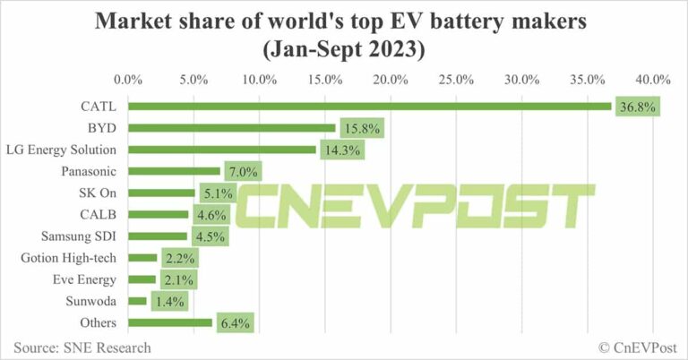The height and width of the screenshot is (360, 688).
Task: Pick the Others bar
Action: pos(170,322)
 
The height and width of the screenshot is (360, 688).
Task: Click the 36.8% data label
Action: pos(637,107)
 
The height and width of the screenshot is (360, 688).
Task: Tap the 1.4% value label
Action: pos(168,301)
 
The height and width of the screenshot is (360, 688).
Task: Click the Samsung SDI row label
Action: pos(83,236)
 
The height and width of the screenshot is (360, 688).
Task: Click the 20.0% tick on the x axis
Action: pos(391,79)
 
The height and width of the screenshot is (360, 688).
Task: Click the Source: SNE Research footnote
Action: pos(82,347)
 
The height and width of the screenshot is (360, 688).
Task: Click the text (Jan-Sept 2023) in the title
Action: pos(344,49)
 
